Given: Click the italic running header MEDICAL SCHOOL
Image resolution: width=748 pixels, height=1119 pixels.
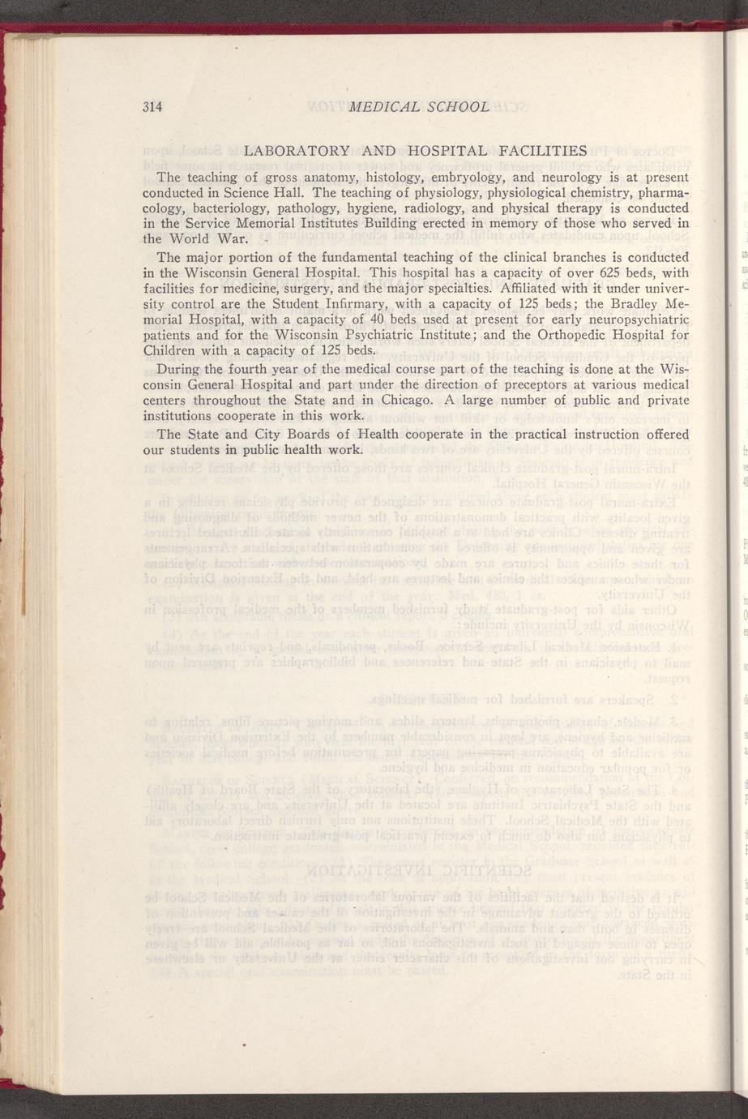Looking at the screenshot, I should (417, 107).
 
